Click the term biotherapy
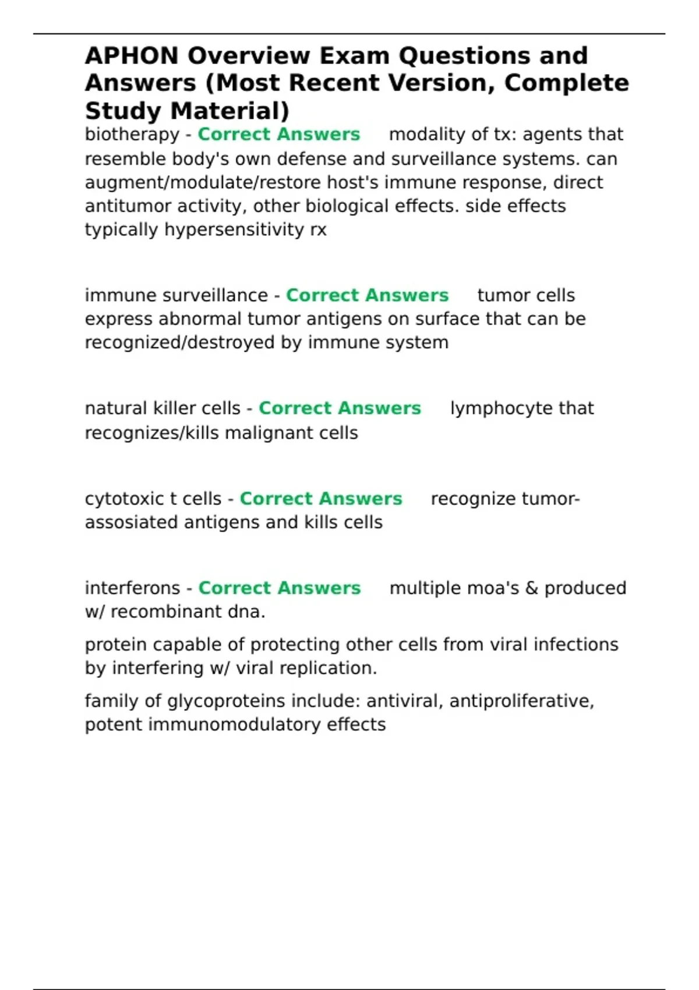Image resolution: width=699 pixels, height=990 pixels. click(132, 135)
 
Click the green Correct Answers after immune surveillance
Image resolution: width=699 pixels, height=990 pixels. click(367, 295)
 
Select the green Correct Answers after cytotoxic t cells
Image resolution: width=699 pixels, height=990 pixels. click(321, 499)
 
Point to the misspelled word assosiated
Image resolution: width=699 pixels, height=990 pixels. click(132, 522)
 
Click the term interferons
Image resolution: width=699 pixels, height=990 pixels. click(132, 588)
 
